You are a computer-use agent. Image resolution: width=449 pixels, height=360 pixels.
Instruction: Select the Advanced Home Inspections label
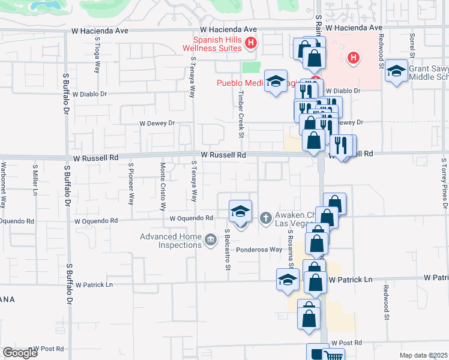[170, 241]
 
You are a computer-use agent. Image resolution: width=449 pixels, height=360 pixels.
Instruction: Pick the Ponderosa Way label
[259, 250]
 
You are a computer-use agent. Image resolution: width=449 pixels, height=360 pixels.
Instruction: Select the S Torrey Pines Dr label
[444, 186]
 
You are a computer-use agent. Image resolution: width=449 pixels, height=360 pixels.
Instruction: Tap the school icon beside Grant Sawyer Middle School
[396, 71]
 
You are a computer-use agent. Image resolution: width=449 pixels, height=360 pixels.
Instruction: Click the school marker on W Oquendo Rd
[240, 211]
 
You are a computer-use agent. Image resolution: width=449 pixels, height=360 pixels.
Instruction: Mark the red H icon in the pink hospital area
[354, 58]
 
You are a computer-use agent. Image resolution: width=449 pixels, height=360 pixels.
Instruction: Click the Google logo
[20, 353]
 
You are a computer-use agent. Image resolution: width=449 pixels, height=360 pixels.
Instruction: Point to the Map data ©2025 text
[423, 355]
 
